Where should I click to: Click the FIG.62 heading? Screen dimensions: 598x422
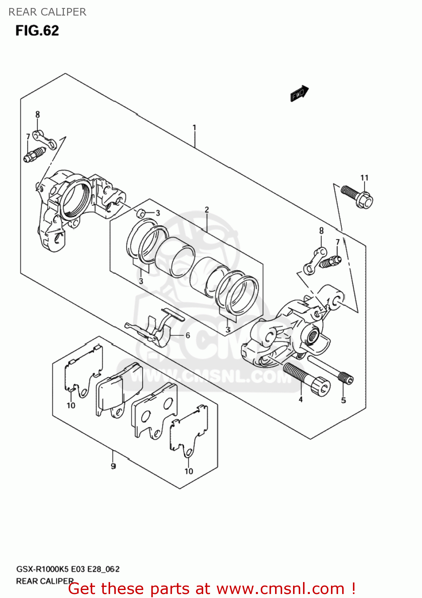37,31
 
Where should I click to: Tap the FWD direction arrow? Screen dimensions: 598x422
299,94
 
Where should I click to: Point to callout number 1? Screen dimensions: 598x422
194,128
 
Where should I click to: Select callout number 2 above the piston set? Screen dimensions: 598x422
207,210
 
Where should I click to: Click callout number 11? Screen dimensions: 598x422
364,178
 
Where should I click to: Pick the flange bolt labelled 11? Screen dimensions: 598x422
357,196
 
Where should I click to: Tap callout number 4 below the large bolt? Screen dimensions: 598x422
301,399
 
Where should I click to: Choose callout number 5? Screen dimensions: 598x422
343,400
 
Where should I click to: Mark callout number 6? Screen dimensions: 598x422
188,335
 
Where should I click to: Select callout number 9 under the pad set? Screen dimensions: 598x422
113,466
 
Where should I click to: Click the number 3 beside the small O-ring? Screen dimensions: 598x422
158,213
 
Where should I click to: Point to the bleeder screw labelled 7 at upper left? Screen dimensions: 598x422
34,155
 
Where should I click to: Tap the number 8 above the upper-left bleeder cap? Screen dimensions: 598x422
38,114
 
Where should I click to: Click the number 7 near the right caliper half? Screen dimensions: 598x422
338,242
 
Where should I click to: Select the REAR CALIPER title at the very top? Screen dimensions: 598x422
47,12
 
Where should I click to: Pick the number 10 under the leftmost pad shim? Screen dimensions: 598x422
71,405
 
